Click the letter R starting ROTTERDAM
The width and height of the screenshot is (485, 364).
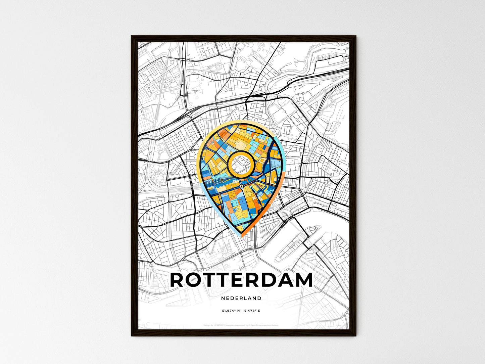point(178,280)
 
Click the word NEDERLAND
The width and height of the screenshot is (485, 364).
point(241,298)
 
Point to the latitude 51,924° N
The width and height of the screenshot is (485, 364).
point(231,311)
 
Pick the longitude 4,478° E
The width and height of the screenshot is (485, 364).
point(252,311)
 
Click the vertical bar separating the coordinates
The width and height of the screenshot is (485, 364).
point(242,311)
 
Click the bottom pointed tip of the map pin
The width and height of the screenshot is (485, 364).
point(242,236)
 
